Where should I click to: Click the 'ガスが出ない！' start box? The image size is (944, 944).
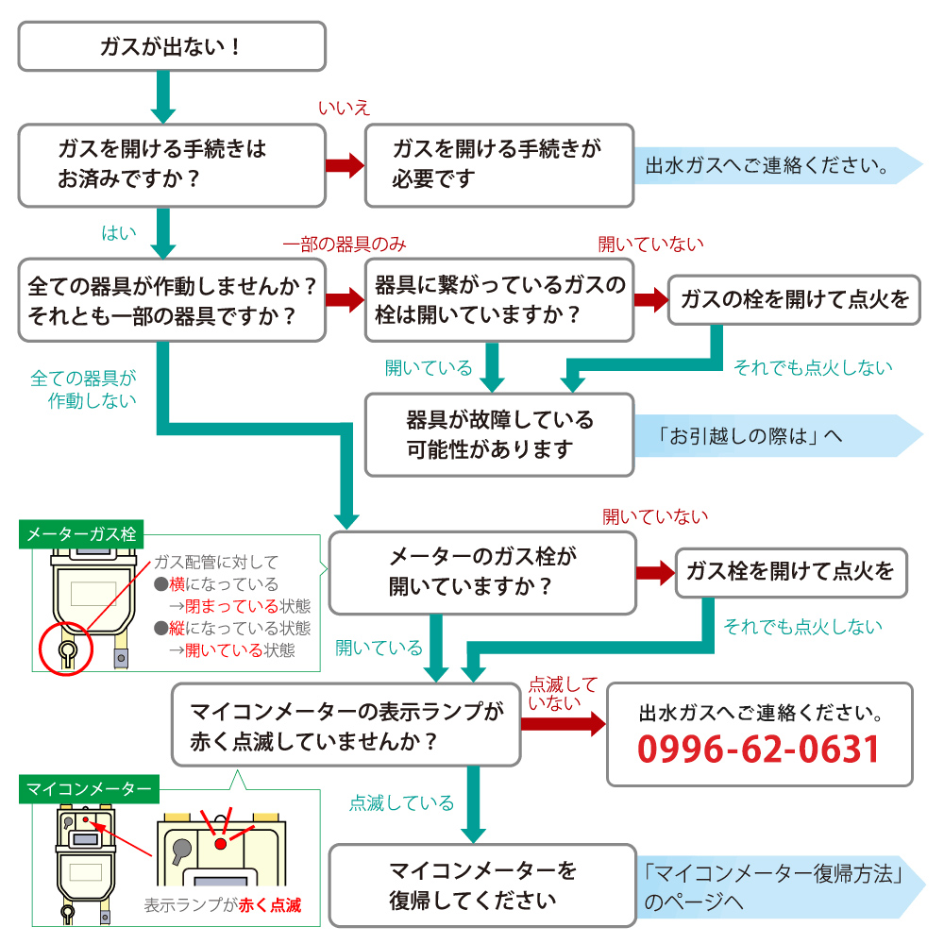click(x=172, y=46)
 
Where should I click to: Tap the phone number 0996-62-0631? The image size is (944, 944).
click(x=759, y=749)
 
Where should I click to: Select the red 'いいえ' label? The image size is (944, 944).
click(x=344, y=108)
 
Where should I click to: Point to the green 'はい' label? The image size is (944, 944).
click(x=119, y=232)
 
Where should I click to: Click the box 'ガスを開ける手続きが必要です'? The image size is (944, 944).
click(x=499, y=165)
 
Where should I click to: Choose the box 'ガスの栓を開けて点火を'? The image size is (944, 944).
click(x=794, y=300)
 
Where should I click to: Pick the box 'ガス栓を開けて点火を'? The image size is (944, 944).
click(x=791, y=573)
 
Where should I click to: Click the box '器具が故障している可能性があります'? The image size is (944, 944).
click(x=499, y=434)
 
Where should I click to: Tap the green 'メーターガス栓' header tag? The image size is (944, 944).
click(x=81, y=534)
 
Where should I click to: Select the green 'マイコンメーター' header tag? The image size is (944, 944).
click(x=89, y=788)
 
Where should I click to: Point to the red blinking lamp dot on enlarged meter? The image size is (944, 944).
click(x=220, y=843)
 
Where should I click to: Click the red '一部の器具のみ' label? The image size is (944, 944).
click(x=345, y=244)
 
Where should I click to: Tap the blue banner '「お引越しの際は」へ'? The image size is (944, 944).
click(x=778, y=435)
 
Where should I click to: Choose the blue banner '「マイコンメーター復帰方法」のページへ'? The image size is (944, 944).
click(x=781, y=886)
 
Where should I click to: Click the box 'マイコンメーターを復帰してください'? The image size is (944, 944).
click(x=482, y=885)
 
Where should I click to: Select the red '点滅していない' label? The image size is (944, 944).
click(x=563, y=693)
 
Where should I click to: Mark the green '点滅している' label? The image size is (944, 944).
click(x=401, y=802)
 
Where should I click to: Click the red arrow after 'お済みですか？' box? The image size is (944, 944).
click(x=345, y=165)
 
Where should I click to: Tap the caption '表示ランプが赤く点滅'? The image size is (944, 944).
click(x=222, y=905)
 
